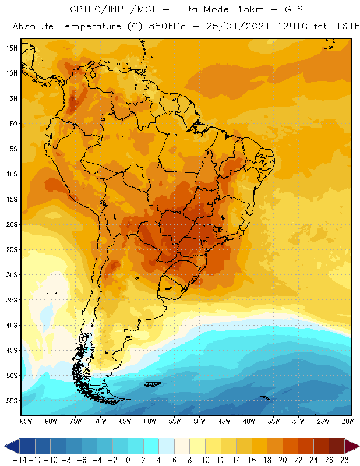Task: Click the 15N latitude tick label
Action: [x=12, y=48]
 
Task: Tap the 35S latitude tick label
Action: [x=12, y=299]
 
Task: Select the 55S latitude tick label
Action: [x=12, y=400]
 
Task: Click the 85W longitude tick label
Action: [x=26, y=420]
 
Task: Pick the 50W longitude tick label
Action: [x=199, y=420]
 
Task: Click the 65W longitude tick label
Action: [x=125, y=420]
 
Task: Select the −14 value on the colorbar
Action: [x=19, y=460]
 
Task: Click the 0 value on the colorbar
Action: [x=128, y=460]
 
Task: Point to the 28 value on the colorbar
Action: [x=344, y=460]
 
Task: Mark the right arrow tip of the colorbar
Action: [x=357, y=446]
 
